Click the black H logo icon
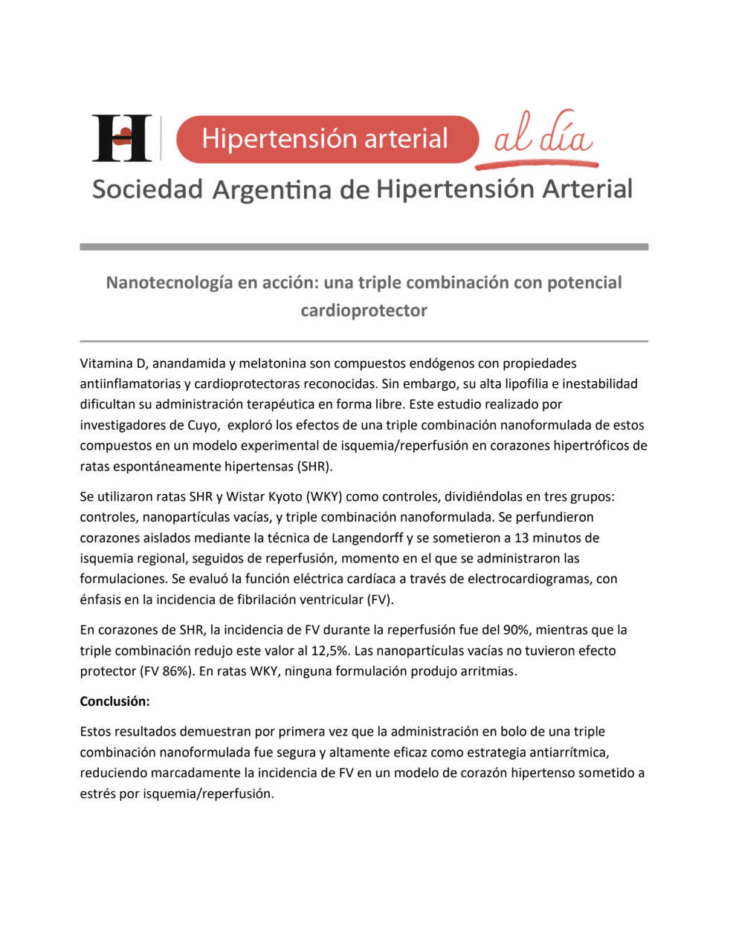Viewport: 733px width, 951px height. point(122,138)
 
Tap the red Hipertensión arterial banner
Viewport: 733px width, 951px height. point(326,139)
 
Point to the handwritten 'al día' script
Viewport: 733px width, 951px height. point(543,137)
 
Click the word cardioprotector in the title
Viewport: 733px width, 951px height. point(364,311)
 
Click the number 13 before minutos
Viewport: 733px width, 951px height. point(522,538)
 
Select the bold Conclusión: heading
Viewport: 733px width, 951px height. point(115,701)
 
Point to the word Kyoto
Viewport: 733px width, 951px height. point(282,496)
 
